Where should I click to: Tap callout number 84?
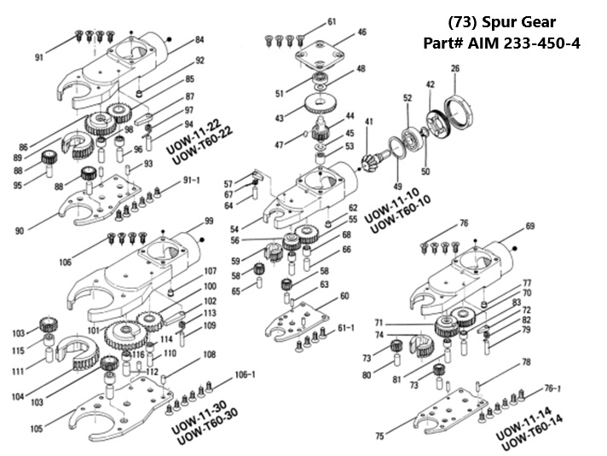click(199, 39)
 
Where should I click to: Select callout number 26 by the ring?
click(455, 68)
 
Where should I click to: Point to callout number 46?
click(362, 32)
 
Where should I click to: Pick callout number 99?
click(208, 222)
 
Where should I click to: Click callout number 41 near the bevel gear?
click(368, 122)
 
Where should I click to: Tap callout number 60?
click(344, 296)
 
